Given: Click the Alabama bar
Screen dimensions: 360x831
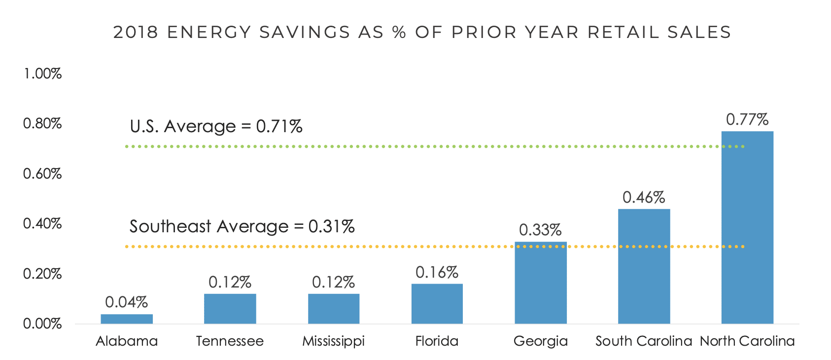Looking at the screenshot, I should [x=127, y=319].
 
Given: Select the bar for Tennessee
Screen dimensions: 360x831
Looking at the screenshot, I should [x=230, y=309].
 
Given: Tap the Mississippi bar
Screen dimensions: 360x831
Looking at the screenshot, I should [x=334, y=309].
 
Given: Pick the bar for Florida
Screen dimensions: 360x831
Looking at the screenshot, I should [x=437, y=304].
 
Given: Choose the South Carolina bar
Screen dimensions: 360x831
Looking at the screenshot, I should [x=644, y=266].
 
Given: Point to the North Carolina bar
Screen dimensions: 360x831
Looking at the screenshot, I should [x=747, y=227].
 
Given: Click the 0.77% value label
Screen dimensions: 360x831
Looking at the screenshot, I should [x=747, y=119].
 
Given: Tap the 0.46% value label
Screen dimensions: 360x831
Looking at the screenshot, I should [x=644, y=198].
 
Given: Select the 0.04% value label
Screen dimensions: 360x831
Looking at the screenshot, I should [x=127, y=302].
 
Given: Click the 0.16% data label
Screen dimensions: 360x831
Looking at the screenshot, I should [x=437, y=272].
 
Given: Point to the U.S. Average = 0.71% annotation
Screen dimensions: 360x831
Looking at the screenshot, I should [x=216, y=127].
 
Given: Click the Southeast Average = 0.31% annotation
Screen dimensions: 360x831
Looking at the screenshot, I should [x=242, y=226].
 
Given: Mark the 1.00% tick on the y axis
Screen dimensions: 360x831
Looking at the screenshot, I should [x=43, y=74].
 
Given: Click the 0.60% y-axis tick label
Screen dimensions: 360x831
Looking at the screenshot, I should [x=43, y=174].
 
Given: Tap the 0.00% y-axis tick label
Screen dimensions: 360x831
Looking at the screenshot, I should [x=43, y=324].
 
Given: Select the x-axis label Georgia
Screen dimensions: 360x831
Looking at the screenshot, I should [x=541, y=341].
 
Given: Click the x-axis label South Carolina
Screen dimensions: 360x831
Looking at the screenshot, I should [x=644, y=341].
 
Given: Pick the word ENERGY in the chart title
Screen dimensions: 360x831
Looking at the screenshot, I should [x=209, y=33].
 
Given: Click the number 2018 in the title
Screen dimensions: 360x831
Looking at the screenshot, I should [x=136, y=33].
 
